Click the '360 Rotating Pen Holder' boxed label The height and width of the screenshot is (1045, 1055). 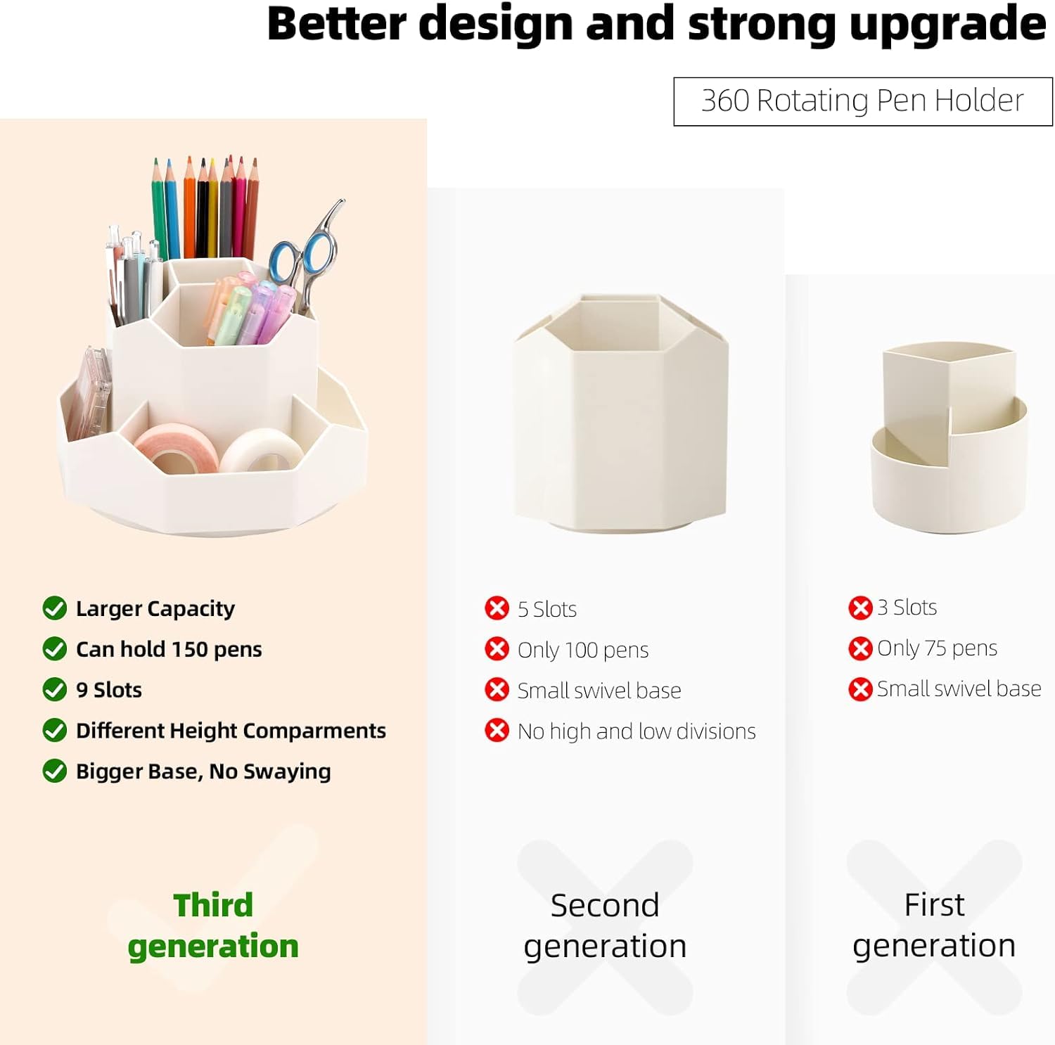coord(863,101)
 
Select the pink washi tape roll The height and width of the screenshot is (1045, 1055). coord(175,447)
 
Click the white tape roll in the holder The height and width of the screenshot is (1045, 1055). coord(261,451)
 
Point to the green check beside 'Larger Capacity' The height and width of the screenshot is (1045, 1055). coord(54,608)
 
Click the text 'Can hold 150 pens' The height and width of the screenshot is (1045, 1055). coord(169,649)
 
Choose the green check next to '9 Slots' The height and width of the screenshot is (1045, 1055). coord(54,689)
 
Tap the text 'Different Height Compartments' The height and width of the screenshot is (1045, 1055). coord(231,731)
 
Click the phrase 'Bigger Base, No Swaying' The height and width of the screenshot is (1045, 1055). coord(203,771)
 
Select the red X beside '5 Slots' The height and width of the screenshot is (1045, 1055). coord(497,608)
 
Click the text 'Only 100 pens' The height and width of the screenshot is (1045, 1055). coord(583,650)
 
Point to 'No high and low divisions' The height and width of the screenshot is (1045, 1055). coord(637,731)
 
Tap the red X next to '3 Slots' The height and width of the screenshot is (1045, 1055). coord(860,608)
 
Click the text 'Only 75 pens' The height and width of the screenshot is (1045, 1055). coord(938,648)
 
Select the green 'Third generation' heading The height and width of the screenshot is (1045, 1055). coord(213,925)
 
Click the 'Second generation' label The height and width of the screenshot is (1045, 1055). coord(605,925)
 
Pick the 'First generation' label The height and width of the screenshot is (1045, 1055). coord(934,925)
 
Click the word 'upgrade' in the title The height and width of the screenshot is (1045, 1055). coord(948,25)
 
